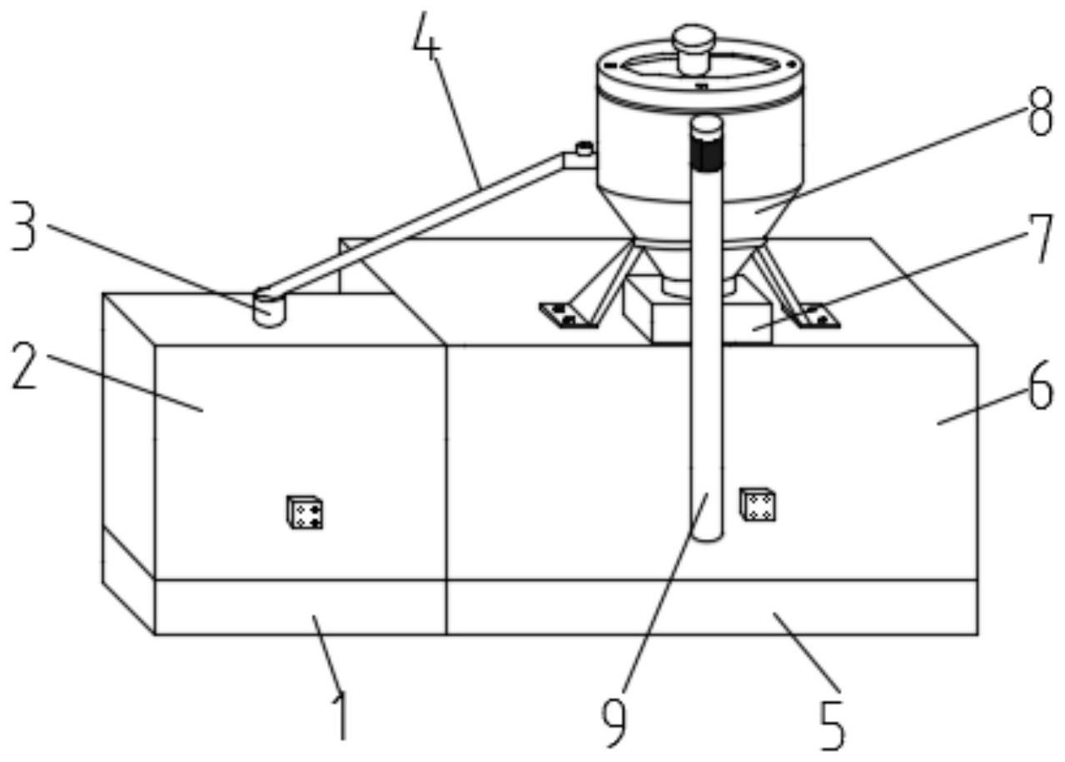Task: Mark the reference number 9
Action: (615, 721)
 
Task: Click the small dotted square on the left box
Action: (305, 512)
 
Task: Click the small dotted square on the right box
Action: (759, 505)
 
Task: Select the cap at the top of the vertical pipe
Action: (707, 125)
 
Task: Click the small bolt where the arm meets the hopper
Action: (584, 150)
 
